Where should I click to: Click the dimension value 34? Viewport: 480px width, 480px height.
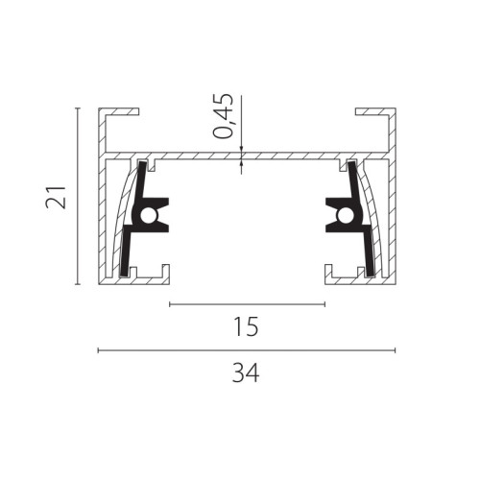pos(246,372)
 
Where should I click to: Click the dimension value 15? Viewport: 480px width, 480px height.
pos(246,326)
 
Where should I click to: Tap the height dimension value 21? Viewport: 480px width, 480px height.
pos(56,197)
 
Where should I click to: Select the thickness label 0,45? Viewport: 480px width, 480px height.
pos(224,116)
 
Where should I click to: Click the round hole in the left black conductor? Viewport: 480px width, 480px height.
pos(148,216)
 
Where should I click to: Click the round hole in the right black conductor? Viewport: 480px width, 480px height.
pos(346,216)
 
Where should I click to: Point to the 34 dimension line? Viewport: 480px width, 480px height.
pos(247,350)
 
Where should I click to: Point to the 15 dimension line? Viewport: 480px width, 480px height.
pos(247,304)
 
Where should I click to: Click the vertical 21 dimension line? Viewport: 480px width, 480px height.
pos(77,197)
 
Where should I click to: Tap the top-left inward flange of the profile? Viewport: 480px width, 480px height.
pos(123,111)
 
